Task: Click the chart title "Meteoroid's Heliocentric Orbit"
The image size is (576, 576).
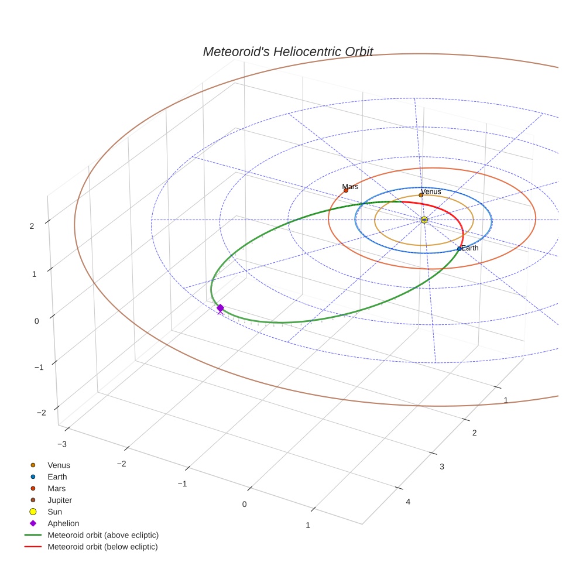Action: point(287,52)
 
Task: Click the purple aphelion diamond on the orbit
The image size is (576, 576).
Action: point(220,308)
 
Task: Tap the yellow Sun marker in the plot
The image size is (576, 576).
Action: point(424,220)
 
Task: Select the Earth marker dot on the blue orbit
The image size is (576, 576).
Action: point(459,249)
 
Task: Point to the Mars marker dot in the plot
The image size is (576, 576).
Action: point(346,190)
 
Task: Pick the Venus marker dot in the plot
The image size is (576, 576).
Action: point(421,196)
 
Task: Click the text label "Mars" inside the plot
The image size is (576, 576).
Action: point(350,186)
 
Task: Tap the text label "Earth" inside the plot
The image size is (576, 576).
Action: point(470,248)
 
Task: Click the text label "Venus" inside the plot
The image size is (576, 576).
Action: point(431,191)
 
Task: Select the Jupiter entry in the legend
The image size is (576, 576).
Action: point(60,500)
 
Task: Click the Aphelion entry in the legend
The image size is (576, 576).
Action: point(63,523)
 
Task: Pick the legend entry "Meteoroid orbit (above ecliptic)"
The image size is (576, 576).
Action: point(103,535)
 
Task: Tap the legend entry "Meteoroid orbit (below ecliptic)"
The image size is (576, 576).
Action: point(102,547)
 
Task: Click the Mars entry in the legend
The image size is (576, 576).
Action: point(57,488)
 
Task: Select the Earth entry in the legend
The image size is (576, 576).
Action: point(57,476)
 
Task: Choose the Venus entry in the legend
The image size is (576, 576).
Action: point(59,465)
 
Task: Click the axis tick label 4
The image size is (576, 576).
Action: point(408,502)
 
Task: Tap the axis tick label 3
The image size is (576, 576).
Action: point(442,466)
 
